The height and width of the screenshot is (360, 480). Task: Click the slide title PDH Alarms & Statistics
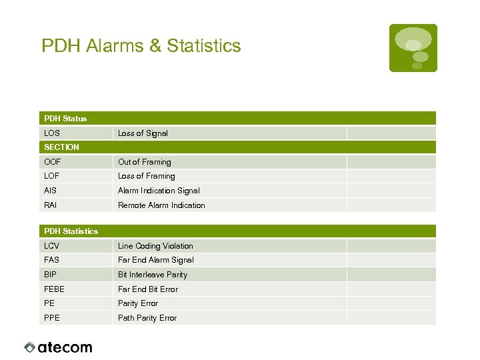click(x=141, y=46)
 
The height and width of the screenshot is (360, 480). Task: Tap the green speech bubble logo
click(x=413, y=47)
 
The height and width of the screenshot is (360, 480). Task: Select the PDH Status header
click(x=65, y=119)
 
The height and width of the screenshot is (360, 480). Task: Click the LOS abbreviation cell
click(x=52, y=133)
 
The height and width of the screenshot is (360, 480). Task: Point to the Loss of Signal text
click(x=143, y=133)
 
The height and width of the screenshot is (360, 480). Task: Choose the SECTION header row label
click(x=61, y=147)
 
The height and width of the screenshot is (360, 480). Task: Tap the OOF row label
click(x=52, y=162)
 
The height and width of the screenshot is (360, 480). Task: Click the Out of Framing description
click(x=145, y=162)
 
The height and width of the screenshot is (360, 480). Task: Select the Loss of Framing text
click(x=147, y=176)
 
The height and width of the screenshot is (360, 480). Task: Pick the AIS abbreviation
click(x=51, y=191)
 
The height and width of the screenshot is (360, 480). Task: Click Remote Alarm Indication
click(x=161, y=205)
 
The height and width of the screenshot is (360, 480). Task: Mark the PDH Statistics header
click(x=71, y=231)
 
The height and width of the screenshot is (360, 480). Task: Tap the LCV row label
click(x=52, y=246)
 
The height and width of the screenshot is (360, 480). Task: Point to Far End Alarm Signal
click(x=156, y=260)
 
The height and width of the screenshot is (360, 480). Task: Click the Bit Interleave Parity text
click(x=153, y=275)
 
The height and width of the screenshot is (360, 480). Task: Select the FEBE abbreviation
click(x=55, y=289)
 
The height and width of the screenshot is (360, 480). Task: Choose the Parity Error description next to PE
click(x=138, y=303)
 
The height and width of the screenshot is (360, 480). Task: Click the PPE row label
click(x=52, y=318)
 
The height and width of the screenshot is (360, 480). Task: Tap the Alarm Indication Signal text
click(x=159, y=191)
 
